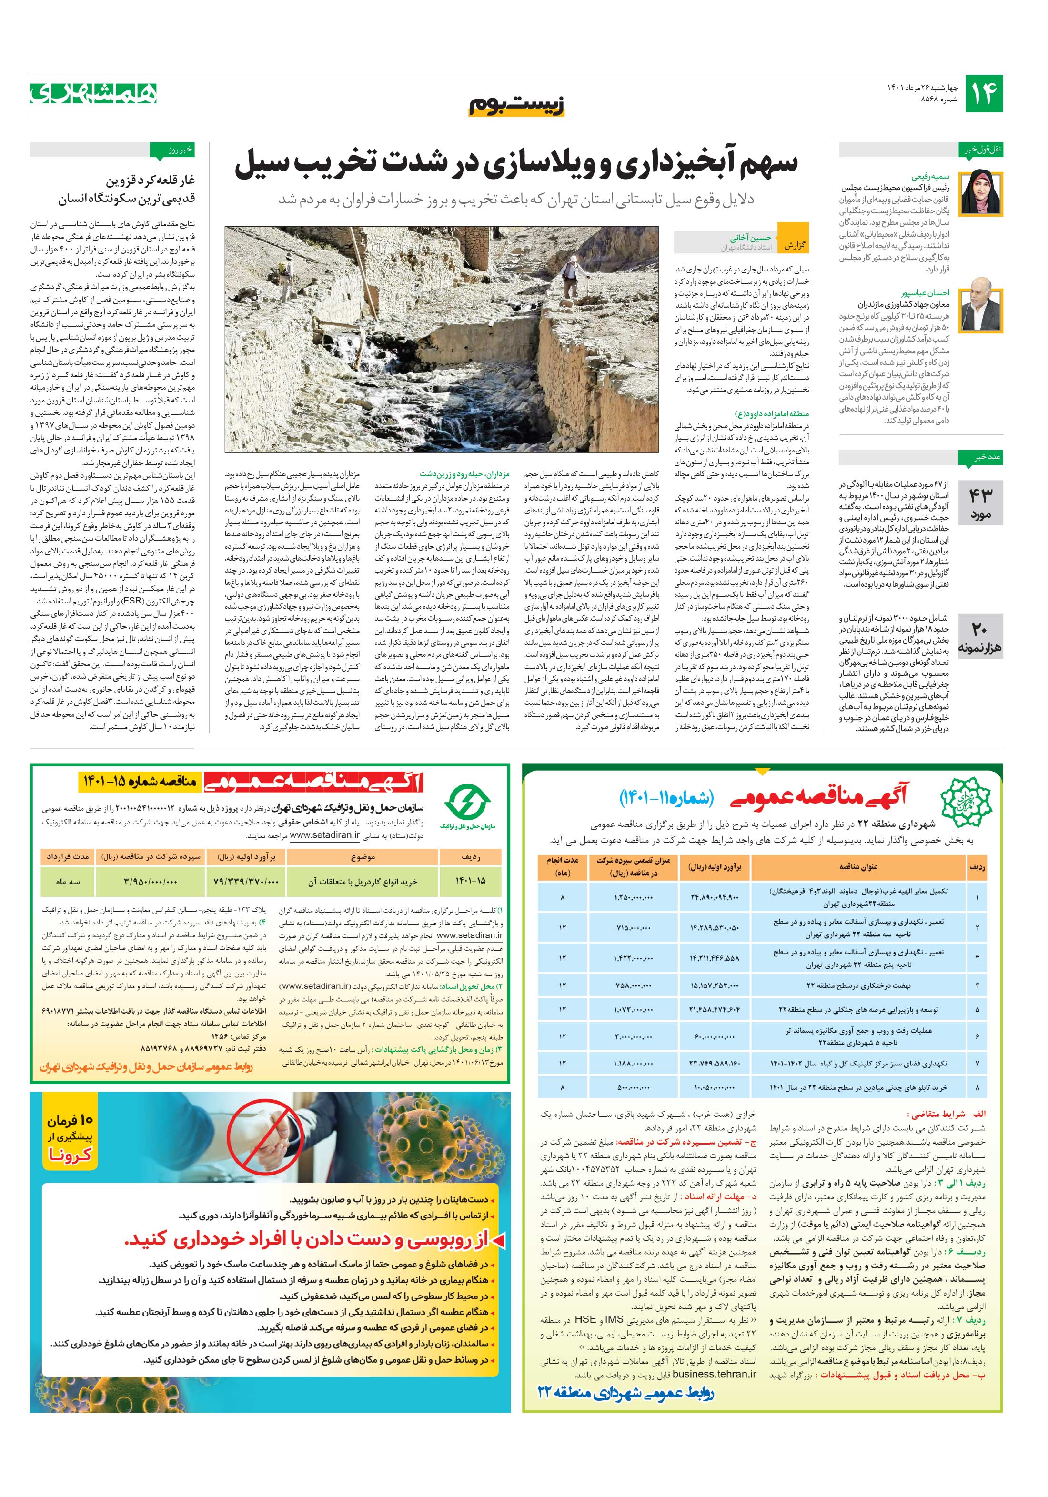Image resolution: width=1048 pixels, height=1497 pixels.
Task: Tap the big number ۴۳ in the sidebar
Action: [980, 495]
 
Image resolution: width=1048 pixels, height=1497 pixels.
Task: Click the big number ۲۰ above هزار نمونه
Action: [980, 629]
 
